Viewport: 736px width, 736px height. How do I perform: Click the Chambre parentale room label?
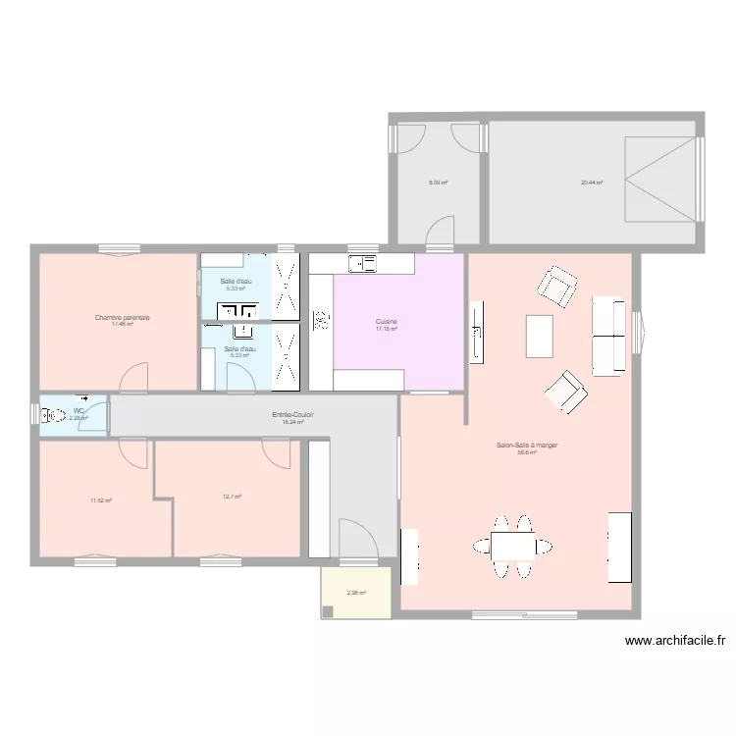123,317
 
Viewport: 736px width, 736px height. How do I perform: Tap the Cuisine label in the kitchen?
386,321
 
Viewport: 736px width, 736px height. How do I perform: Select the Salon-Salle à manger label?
527,446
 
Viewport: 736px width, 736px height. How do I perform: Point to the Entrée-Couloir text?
293,415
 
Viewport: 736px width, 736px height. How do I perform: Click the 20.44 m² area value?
592,182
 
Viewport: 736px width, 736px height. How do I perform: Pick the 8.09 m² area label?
438,182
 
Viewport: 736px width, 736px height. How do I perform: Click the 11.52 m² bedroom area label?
101,500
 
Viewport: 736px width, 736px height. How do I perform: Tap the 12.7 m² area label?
232,497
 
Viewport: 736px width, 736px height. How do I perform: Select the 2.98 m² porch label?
355,592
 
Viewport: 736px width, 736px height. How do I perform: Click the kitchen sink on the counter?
363,263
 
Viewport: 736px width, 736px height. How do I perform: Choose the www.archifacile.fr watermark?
675,641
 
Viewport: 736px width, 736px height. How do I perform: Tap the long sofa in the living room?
608,337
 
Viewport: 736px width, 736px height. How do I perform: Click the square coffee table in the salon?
540,336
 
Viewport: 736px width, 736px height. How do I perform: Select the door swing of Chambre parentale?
134,377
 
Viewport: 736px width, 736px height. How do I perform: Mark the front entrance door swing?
356,540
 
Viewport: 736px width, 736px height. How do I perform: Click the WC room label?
79,411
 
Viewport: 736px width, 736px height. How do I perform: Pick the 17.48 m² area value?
123,324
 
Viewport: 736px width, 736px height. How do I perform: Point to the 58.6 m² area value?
527,452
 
